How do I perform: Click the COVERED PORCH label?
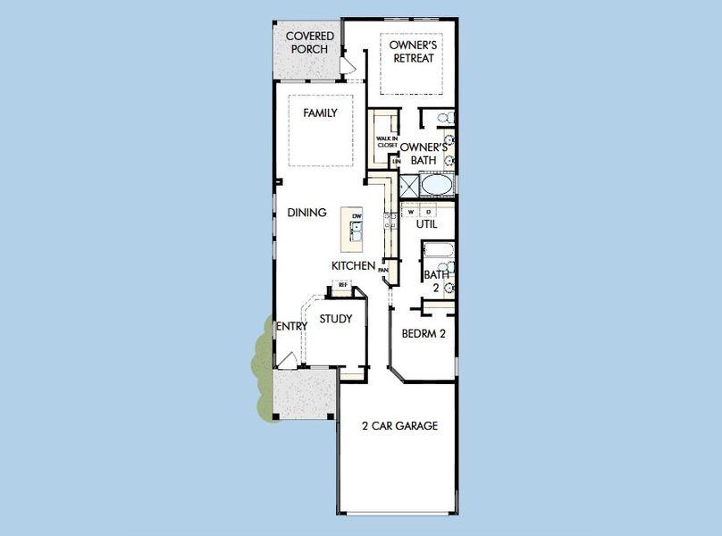click(309, 42)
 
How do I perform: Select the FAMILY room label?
click(320, 113)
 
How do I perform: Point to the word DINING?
click(306, 213)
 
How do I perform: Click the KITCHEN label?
click(352, 266)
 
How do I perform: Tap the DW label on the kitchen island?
click(357, 217)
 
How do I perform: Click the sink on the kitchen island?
click(356, 233)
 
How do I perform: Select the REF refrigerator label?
click(342, 285)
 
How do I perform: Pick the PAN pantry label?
click(382, 269)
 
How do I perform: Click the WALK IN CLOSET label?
click(386, 141)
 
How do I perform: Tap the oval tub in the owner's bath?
click(436, 185)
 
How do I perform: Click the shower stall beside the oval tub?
click(409, 185)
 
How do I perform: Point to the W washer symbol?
click(412, 211)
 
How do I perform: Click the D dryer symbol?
click(428, 211)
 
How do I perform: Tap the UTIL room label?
click(426, 225)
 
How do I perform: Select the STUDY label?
click(336, 319)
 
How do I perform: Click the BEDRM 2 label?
click(424, 333)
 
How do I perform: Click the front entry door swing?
click(287, 360)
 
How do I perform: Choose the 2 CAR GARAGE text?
click(399, 426)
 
